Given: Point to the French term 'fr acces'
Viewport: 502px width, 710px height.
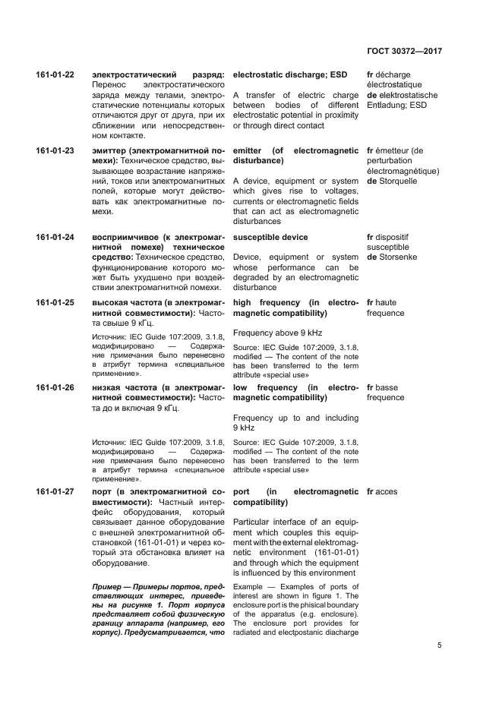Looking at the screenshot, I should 381,492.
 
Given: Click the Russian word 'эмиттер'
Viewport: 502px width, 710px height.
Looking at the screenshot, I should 111,151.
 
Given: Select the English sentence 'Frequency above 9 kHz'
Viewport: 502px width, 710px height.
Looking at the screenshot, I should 277,333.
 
